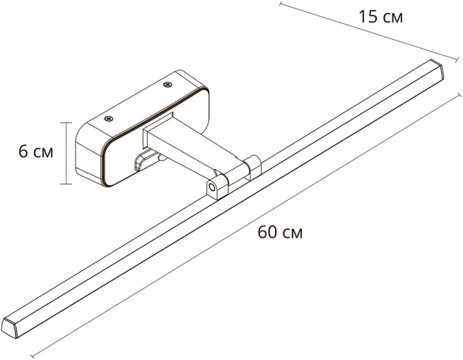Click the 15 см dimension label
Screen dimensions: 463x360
(380, 16)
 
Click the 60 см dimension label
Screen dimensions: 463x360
(280, 232)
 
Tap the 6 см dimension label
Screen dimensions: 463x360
(36, 151)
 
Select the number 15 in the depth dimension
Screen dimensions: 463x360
(368, 16)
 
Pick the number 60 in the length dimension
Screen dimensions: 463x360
(267, 232)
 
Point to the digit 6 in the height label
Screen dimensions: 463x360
(23, 151)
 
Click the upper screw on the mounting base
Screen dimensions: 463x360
(168, 85)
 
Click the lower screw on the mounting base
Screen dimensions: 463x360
(110, 119)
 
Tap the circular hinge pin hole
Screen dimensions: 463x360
(211, 187)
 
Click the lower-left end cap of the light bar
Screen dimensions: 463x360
(9, 327)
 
